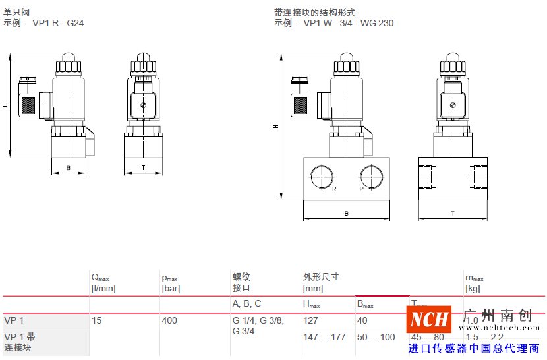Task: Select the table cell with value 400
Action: [x=170, y=321]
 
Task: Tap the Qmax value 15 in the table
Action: [x=97, y=321]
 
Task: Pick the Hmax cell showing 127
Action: [x=310, y=321]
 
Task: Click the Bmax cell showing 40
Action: [x=363, y=321]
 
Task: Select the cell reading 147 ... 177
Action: [x=323, y=337]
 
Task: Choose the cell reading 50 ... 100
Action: [x=376, y=337]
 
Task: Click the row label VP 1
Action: [x=14, y=321]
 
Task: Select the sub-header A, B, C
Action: [x=246, y=304]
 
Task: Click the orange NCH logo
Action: [x=429, y=321]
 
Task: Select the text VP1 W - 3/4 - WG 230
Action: [x=349, y=23]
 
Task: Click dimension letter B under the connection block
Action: [x=347, y=214]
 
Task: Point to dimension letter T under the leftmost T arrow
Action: [x=143, y=168]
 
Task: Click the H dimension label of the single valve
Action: [x=5, y=105]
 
